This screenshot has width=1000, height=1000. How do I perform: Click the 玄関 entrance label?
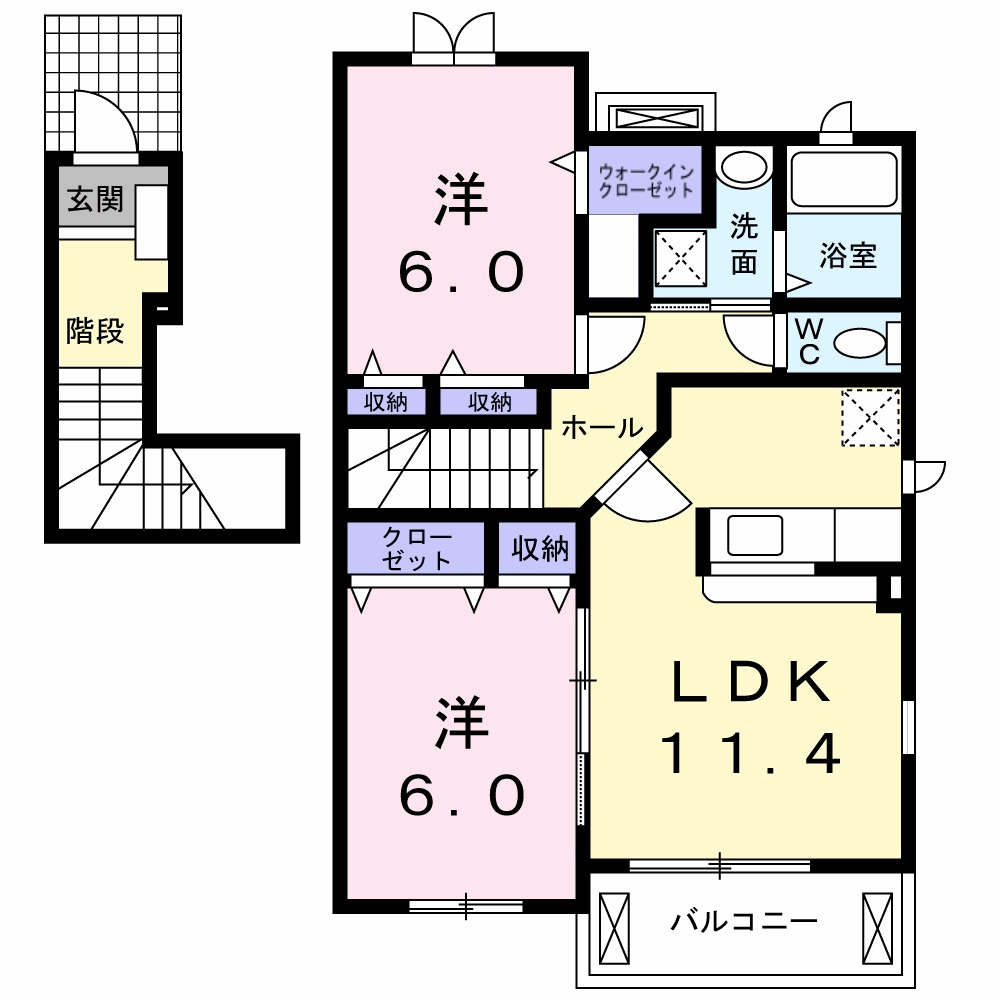pos(95,200)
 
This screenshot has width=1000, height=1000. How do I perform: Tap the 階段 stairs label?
pos(95,331)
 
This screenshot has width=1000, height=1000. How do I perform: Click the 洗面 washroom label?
pos(743,243)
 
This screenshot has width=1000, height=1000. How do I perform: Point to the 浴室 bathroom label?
pos(847,256)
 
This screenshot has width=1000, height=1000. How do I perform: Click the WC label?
pos(807,341)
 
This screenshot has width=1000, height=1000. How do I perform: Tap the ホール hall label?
pos(600,428)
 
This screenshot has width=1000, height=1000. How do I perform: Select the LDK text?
pos(749,683)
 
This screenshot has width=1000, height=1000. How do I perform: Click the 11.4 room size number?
pos(749,754)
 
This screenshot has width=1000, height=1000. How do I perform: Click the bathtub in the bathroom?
pos(846,179)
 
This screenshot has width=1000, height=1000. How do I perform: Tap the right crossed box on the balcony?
pos(876,927)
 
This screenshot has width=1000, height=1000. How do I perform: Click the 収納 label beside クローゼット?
pos(540,549)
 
